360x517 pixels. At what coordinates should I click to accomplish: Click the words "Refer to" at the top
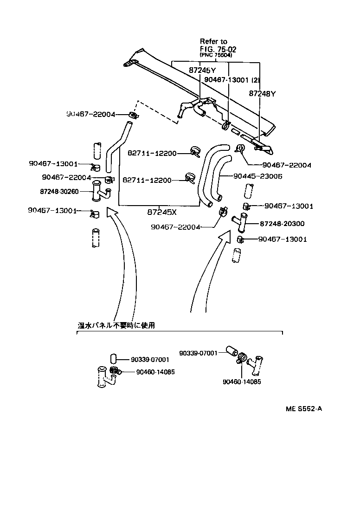coord(213,41)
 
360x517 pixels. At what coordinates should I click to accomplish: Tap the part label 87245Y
coord(202,70)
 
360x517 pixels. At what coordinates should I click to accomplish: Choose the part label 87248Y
coord(262,93)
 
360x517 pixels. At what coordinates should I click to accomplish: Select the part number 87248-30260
coord(60,191)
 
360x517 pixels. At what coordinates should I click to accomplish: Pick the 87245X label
coord(162,212)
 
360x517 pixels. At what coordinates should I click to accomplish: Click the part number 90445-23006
coord(257,176)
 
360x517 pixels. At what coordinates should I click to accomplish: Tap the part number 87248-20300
coord(282,224)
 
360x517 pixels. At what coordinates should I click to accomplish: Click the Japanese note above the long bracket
coord(116,325)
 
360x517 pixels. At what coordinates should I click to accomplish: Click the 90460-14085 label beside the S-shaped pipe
coord(155,372)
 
